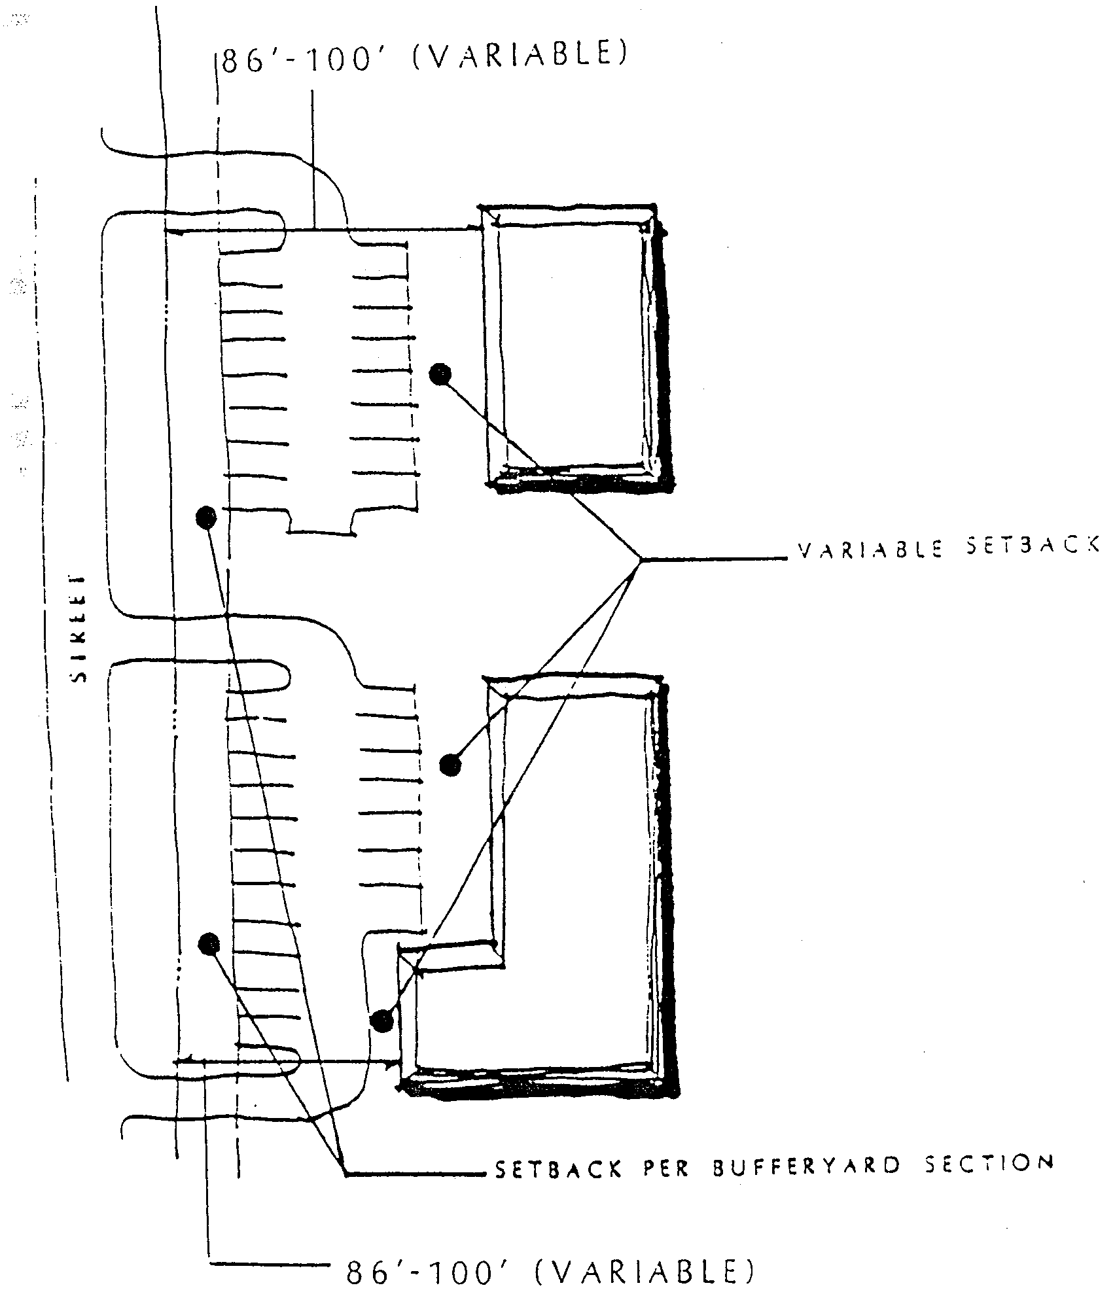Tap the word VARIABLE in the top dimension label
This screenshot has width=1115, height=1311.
(521, 56)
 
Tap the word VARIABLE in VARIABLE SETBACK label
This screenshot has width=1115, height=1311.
(871, 550)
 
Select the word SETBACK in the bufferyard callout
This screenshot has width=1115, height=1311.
(557, 1168)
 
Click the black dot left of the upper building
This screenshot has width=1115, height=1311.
(440, 374)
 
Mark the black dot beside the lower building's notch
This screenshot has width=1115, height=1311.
(381, 1020)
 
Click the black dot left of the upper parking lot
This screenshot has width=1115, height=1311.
(206, 517)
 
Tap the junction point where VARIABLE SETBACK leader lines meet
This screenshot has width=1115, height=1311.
(641, 559)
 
